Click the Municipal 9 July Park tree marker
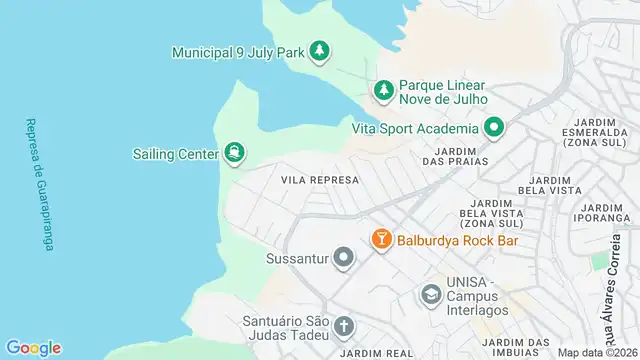click(x=319, y=51)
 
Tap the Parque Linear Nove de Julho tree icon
click(x=383, y=91)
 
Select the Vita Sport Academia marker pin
click(x=493, y=128)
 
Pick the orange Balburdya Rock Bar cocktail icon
click(x=381, y=240)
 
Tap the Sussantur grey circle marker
click(x=344, y=259)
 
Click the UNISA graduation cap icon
click(x=430, y=295)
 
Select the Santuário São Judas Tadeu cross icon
click(x=343, y=328)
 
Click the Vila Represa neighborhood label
click(x=320, y=180)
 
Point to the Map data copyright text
click(x=597, y=352)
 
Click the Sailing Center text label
click(x=177, y=154)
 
